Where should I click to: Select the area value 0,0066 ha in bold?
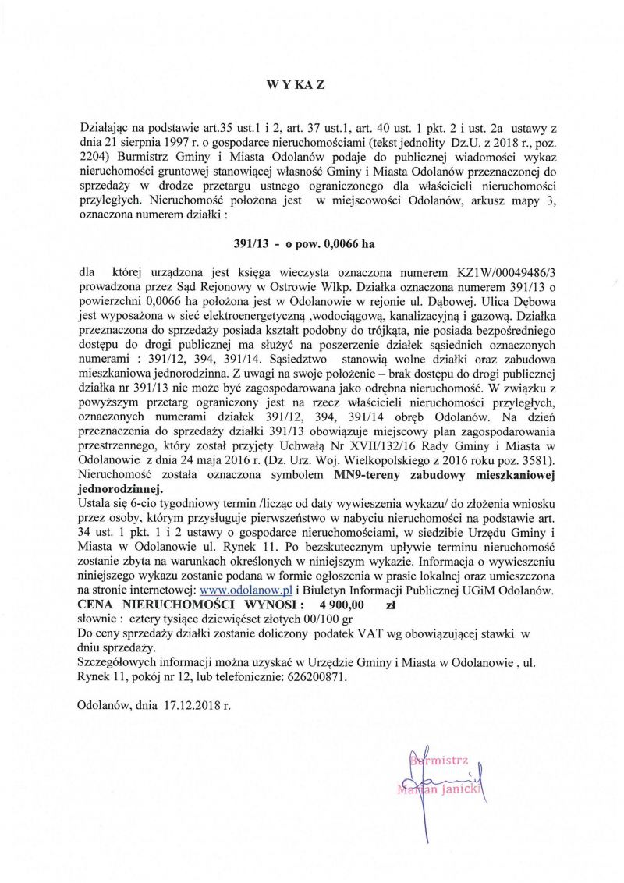[344, 243]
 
